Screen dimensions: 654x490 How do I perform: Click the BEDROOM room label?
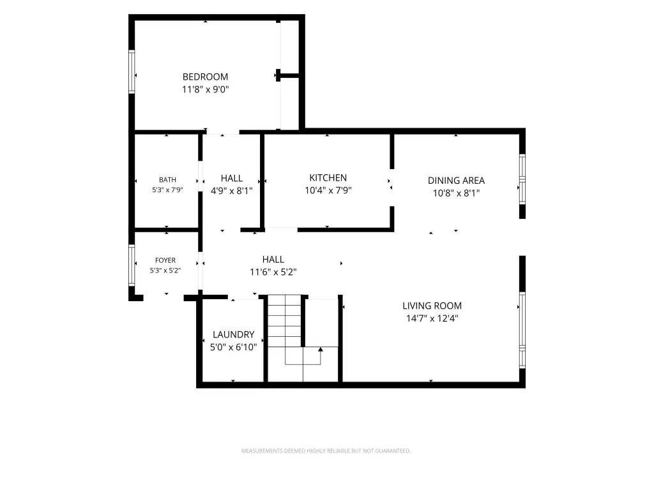click(x=205, y=77)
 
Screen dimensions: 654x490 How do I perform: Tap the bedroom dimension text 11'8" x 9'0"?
click(x=205, y=89)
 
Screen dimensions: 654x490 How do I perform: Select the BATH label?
click(x=167, y=180)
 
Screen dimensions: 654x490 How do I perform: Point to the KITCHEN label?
click(x=328, y=178)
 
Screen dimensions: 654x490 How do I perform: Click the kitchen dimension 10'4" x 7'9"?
click(x=328, y=190)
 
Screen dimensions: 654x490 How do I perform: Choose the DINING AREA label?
click(x=456, y=181)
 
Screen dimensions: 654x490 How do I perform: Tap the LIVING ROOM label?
click(x=432, y=306)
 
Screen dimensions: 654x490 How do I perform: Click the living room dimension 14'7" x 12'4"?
click(x=432, y=318)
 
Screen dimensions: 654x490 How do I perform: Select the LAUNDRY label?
click(x=233, y=334)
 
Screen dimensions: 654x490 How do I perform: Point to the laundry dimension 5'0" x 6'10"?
click(x=233, y=347)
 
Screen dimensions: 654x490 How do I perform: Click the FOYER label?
click(x=165, y=260)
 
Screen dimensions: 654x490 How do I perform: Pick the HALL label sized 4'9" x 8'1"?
click(x=231, y=179)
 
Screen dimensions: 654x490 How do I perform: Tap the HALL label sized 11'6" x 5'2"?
click(x=273, y=260)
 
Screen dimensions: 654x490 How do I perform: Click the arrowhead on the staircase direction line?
click(x=321, y=349)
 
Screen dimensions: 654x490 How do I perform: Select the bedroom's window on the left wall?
click(x=132, y=71)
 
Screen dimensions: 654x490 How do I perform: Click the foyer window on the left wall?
click(x=132, y=265)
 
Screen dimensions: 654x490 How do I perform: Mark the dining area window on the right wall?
click(x=522, y=179)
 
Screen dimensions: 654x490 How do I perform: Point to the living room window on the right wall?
click(x=522, y=330)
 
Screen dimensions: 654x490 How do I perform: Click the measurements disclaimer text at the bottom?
click(x=326, y=451)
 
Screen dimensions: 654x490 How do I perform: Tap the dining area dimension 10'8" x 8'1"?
click(x=456, y=193)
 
